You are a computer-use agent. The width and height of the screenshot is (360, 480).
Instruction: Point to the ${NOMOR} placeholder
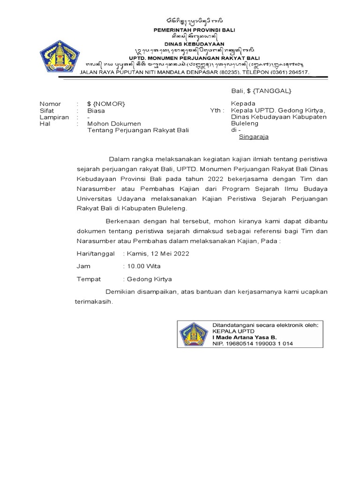[106, 104]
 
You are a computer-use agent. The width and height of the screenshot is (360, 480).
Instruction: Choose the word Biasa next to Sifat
[96, 111]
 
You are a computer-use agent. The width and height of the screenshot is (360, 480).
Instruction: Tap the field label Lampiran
[54, 117]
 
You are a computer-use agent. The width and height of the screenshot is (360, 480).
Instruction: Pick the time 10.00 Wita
[143, 266]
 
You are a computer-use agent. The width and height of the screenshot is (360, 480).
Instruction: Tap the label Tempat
[89, 279]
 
